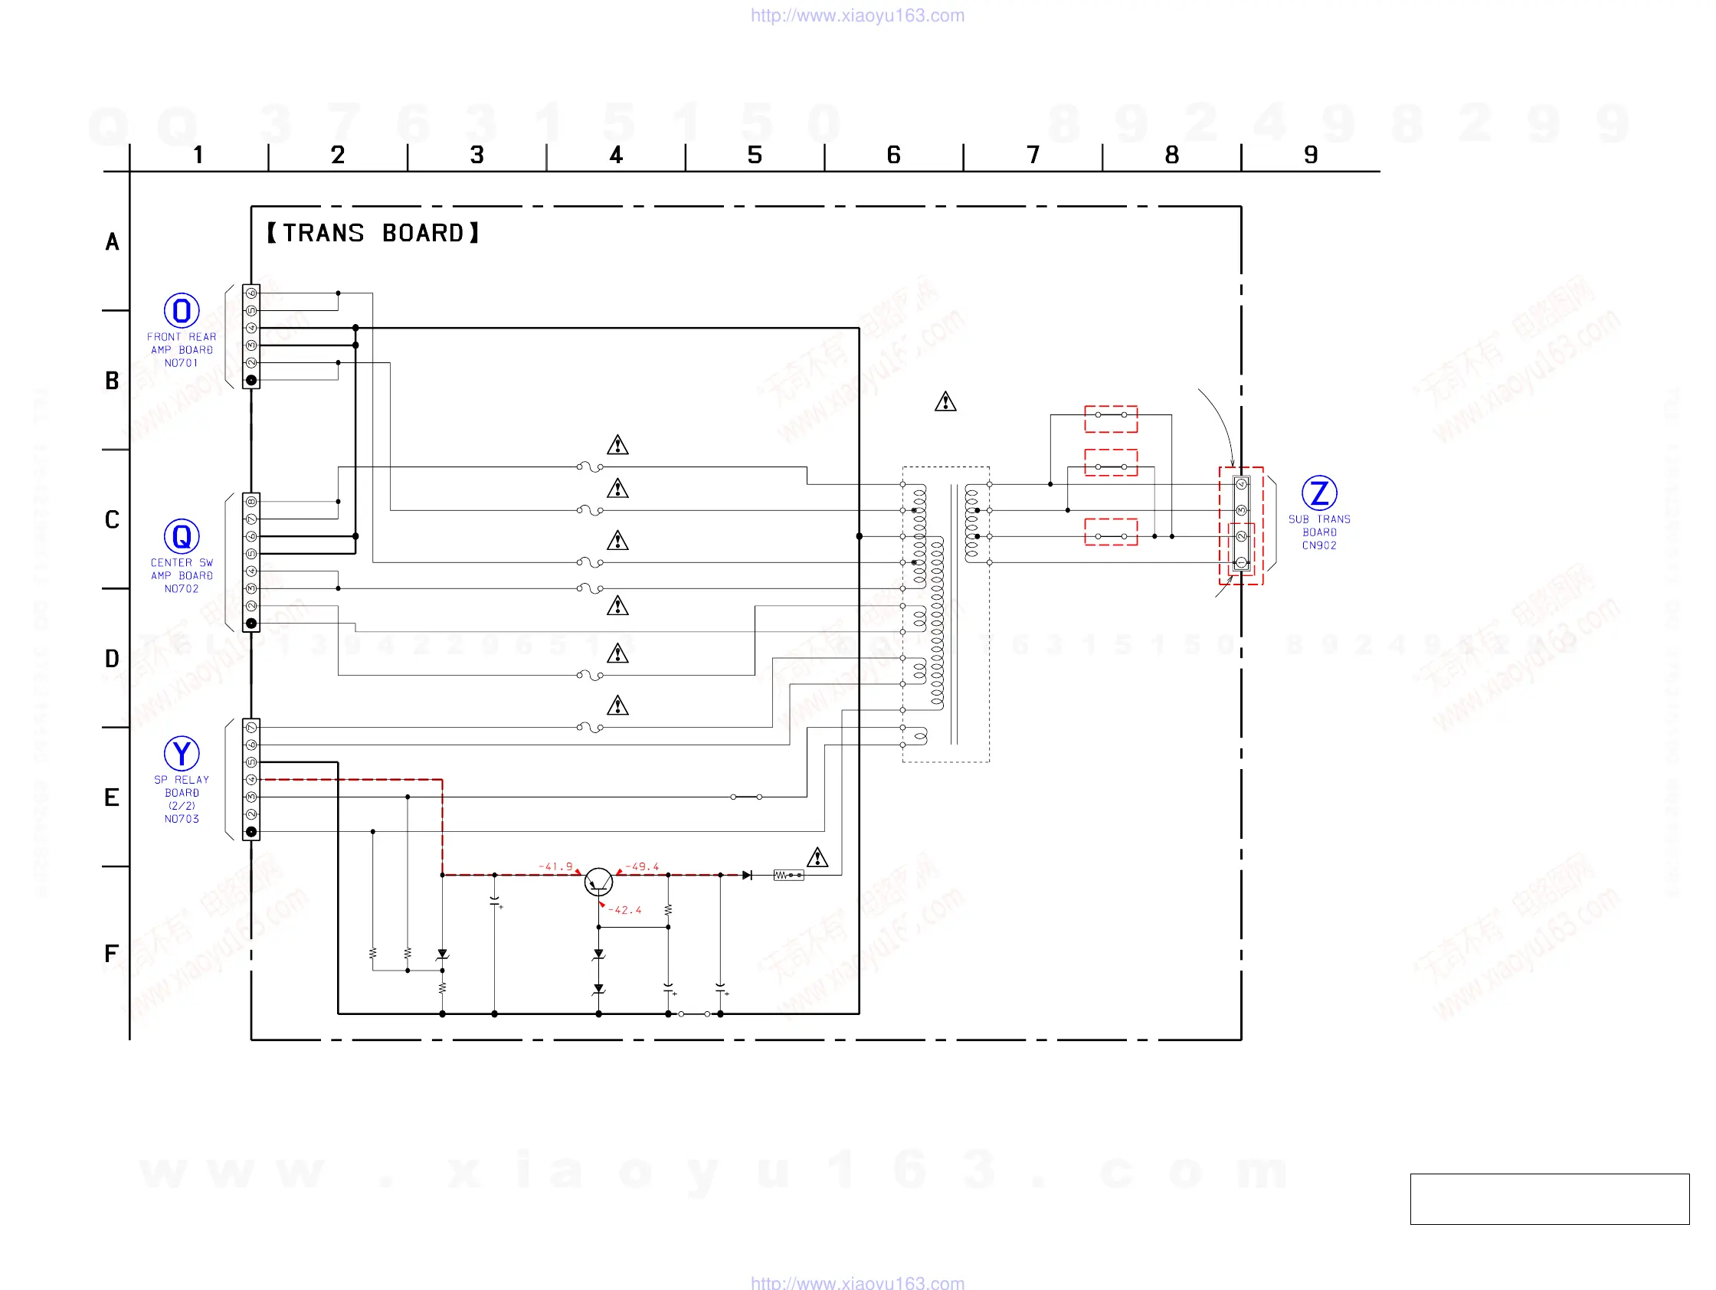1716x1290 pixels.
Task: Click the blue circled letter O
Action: coord(182,310)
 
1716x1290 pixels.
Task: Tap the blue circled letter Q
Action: coord(182,536)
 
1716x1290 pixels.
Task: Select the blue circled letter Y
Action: coord(182,753)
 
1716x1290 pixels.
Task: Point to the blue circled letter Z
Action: coord(1319,493)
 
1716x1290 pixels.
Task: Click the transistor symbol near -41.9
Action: coord(598,881)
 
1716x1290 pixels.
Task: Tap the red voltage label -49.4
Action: coord(641,866)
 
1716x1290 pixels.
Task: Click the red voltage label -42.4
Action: coord(624,910)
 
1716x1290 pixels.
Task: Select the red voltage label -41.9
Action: coord(555,866)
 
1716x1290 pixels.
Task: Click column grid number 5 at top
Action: coord(755,156)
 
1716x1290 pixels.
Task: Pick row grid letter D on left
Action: coord(113,659)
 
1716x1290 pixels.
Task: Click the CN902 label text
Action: coord(1319,545)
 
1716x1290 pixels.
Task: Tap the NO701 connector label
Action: coord(182,363)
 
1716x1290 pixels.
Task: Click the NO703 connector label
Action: coord(182,818)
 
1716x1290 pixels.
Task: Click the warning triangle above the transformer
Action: coord(945,402)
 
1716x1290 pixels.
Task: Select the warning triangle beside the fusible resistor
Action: coord(817,858)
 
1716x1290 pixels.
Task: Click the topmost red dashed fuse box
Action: coord(1110,419)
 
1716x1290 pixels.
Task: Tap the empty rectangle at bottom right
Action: coord(1549,1199)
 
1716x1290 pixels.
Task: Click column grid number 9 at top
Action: coord(1310,156)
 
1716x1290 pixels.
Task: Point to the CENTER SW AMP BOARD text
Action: coord(182,568)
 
